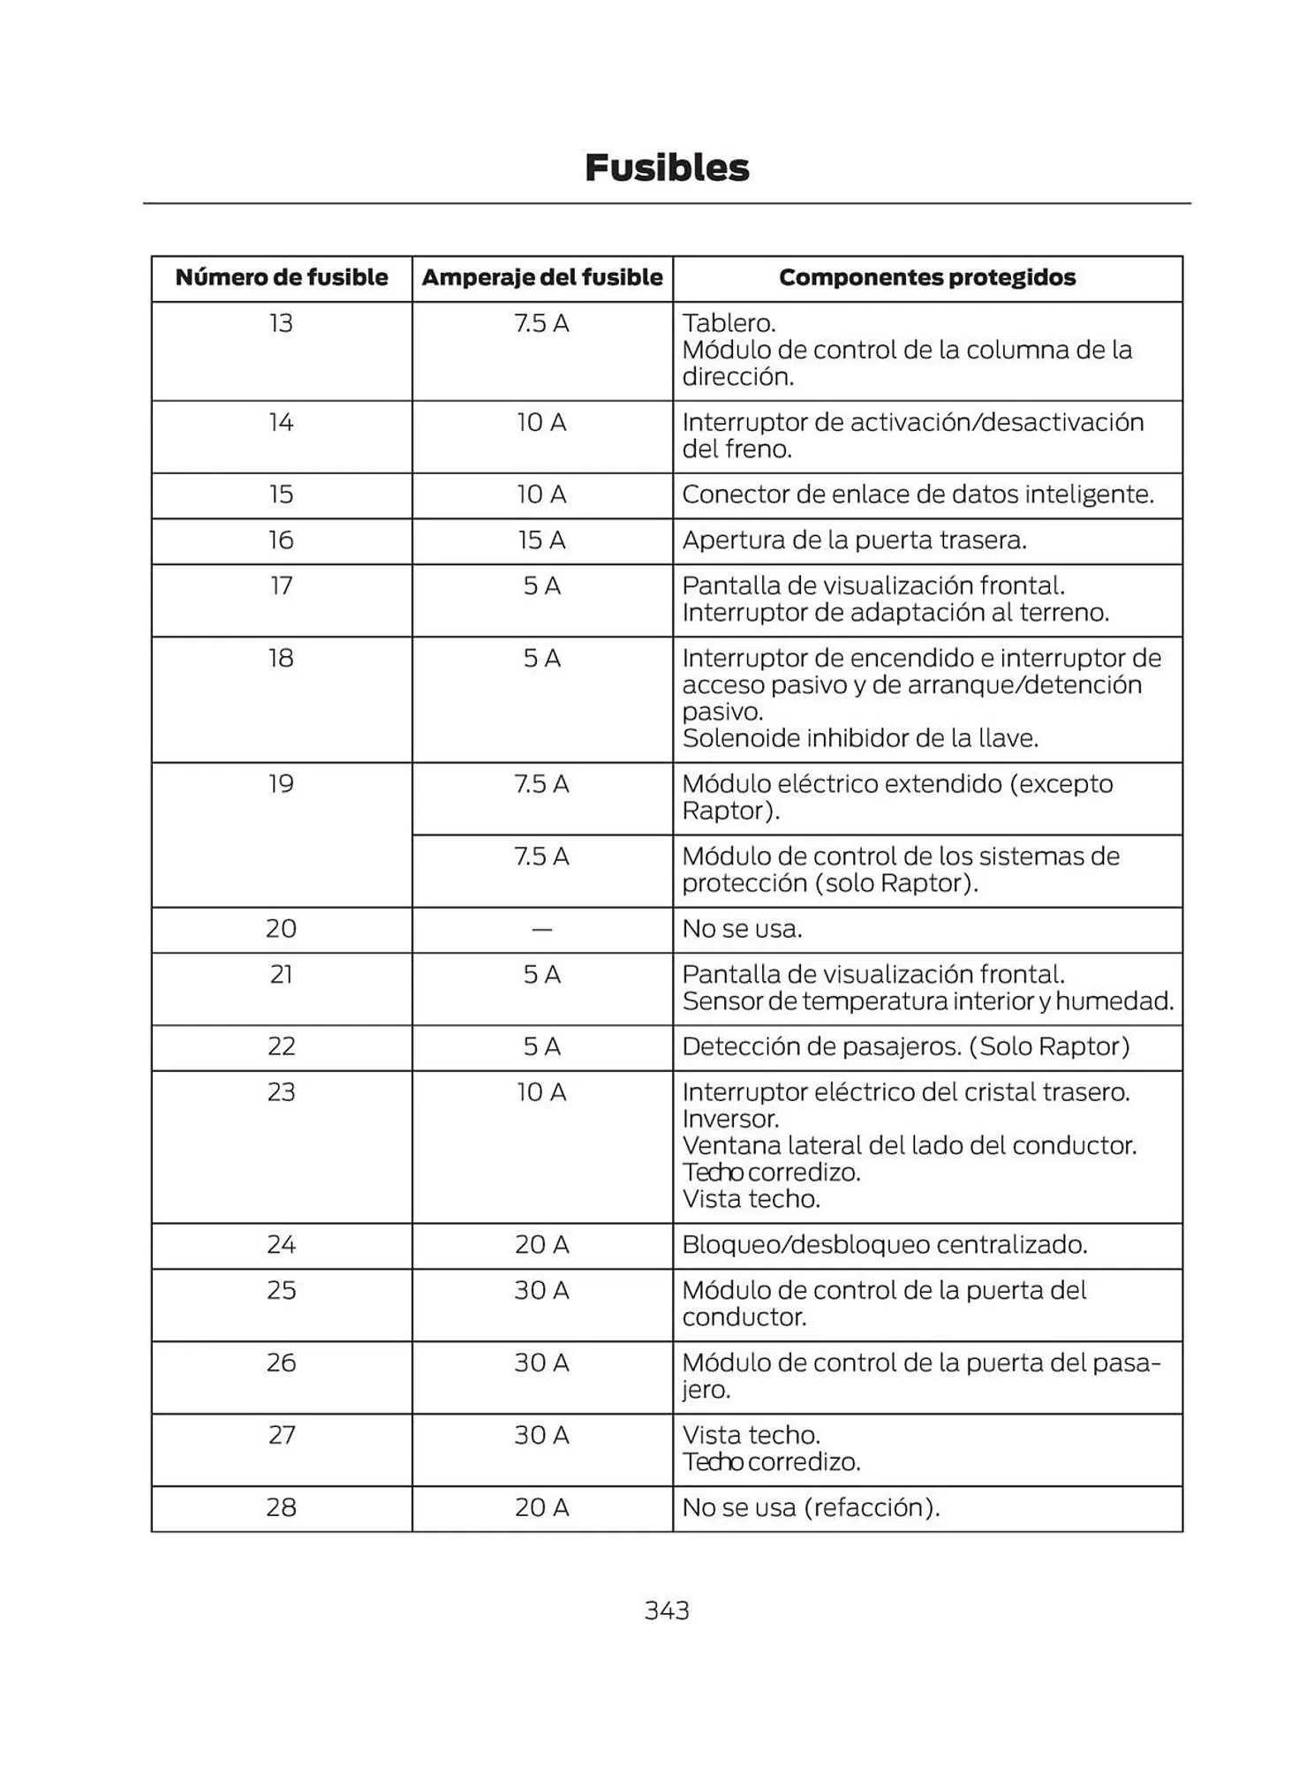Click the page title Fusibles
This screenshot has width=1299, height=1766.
[667, 168]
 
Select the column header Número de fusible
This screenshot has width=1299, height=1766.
[282, 277]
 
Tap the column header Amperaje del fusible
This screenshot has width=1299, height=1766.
[542, 277]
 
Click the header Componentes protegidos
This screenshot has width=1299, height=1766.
[927, 277]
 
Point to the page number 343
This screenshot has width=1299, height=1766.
[667, 1610]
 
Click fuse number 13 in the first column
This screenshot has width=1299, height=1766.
[281, 323]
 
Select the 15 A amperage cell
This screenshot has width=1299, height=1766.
[541, 540]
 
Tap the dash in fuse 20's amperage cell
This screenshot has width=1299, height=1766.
[541, 929]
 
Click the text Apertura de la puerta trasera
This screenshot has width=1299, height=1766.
[854, 540]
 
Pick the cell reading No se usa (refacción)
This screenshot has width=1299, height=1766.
[811, 1506]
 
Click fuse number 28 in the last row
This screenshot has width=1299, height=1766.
[281, 1506]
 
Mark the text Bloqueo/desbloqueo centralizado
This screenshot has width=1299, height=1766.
[884, 1244]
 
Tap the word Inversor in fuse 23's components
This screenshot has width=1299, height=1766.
[730, 1119]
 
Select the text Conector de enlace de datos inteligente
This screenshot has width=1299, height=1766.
[918, 494]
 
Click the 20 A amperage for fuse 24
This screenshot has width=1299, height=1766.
[541, 1244]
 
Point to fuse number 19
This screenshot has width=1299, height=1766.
[281, 784]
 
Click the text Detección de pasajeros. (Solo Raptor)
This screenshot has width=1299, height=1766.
[905, 1046]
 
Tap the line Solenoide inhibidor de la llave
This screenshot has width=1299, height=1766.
[860, 738]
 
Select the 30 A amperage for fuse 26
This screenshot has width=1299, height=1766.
[541, 1362]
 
